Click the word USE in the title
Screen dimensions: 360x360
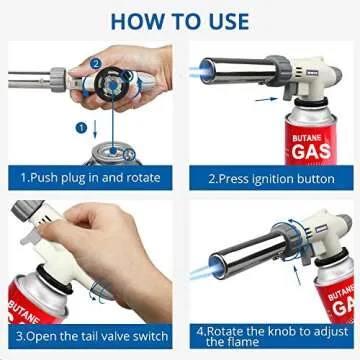coord(228,19)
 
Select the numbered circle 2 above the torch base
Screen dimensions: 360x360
coord(96,62)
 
